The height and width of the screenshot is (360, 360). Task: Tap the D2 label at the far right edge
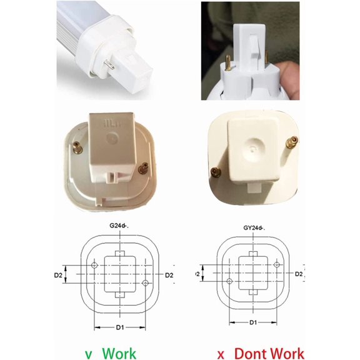click(x=299, y=274)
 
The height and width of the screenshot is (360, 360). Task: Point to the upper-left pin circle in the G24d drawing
click(x=94, y=266)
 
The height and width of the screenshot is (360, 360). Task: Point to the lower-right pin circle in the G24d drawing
click(x=145, y=283)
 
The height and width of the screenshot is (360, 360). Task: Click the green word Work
click(x=119, y=354)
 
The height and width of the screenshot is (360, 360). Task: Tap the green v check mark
click(x=88, y=354)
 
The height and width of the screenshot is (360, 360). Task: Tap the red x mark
click(x=220, y=354)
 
